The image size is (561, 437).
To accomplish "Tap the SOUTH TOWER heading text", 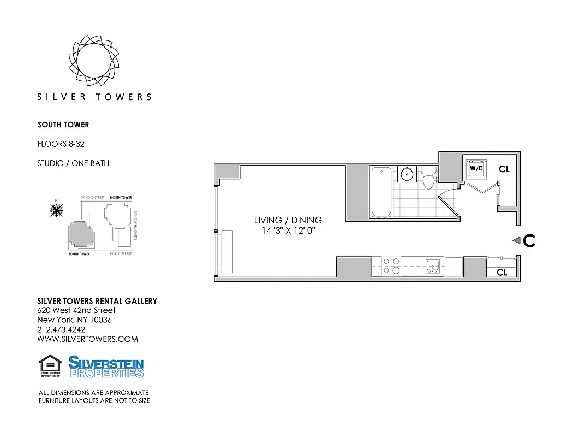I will (x=63, y=125).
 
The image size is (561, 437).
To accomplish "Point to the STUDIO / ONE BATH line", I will (x=73, y=163).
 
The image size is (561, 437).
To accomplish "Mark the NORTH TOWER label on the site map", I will (x=121, y=197).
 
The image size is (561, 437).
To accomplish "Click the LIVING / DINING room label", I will (x=288, y=220).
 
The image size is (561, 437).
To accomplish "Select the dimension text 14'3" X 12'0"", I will (x=288, y=231).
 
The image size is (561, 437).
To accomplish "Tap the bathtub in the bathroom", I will (x=381, y=192).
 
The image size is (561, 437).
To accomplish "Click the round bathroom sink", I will (x=407, y=174).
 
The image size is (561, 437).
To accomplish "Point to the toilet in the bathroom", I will (x=428, y=179).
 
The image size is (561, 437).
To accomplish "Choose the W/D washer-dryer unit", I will (x=476, y=168).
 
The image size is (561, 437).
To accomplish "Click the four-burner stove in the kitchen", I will (x=391, y=266).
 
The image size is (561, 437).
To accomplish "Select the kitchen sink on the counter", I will (x=433, y=267).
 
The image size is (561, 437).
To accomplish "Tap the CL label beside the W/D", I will (x=504, y=169).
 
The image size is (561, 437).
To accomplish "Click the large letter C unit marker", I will (x=529, y=240).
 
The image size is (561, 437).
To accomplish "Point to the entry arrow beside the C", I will (x=516, y=240).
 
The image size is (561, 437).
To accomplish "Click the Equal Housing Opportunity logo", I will (x=50, y=366).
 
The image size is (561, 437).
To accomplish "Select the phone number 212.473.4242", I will (x=61, y=329).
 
